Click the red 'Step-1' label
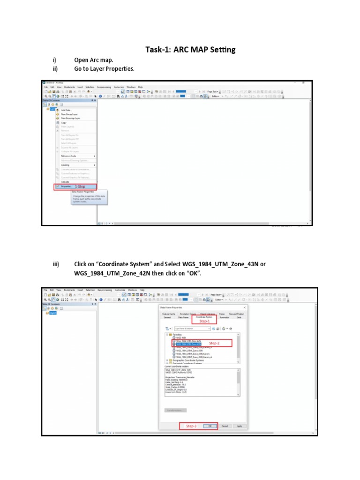pos(205,321)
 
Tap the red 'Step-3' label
pos(191,426)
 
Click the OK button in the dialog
pos(210,426)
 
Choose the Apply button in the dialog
pos(240,426)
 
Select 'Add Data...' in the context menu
pos(66,110)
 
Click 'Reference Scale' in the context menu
pos(69,156)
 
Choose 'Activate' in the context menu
pos(65,181)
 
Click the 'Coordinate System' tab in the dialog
pos(204,317)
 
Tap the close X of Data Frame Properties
pos(247,307)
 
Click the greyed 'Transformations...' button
pos(176,410)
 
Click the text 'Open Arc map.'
pos(94,60)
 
